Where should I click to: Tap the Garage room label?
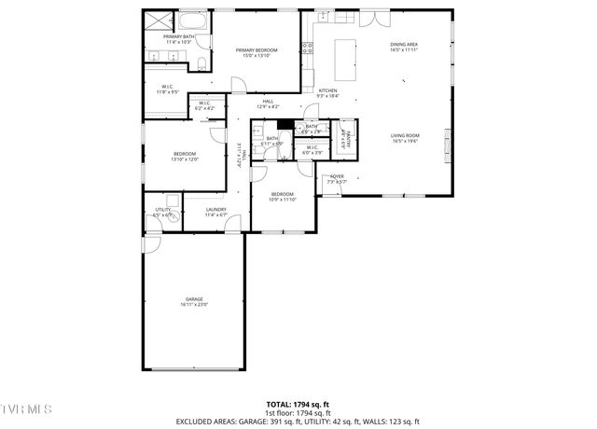194,299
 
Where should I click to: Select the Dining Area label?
404,44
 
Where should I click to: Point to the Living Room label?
405,136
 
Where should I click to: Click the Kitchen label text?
327,90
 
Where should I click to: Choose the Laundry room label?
216,210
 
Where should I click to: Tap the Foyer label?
337,176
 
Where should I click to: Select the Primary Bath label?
179,37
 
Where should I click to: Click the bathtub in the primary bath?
192,21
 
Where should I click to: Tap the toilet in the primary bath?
201,63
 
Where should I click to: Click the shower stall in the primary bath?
155,22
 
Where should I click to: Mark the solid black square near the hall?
286,125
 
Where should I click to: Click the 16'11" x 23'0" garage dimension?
194,305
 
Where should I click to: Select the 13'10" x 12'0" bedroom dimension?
185,159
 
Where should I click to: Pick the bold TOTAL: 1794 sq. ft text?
298,405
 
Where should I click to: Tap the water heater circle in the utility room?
172,200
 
